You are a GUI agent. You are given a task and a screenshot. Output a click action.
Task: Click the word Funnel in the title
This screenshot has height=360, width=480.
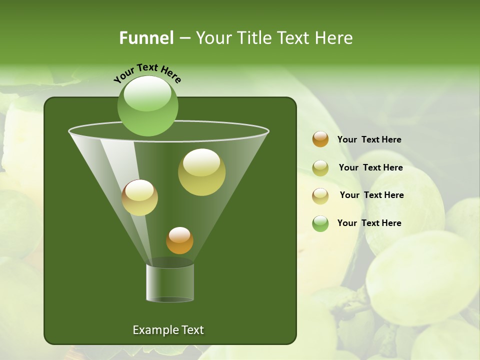(146, 38)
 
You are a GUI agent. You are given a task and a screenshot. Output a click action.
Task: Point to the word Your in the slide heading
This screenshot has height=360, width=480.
(213, 38)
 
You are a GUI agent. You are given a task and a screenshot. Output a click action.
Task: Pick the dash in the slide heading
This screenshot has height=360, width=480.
(184, 38)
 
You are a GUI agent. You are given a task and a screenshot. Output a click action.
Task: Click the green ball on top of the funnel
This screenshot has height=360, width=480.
(147, 106)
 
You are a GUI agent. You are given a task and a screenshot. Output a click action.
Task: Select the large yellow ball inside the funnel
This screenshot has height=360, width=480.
(201, 172)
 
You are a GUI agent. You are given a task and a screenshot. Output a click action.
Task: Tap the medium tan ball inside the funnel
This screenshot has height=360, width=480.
(139, 197)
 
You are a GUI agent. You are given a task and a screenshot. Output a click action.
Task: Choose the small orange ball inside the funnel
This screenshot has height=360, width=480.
(179, 240)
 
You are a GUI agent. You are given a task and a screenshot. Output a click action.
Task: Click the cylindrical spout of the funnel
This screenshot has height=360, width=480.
(169, 283)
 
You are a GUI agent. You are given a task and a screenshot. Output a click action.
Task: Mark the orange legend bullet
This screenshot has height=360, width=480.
(320, 139)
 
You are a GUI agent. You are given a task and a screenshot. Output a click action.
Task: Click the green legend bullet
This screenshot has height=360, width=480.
(320, 223)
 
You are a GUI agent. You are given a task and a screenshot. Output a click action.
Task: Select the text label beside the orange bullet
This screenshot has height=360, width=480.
(369, 139)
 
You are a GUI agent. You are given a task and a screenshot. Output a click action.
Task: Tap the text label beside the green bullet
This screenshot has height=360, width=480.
(369, 223)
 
